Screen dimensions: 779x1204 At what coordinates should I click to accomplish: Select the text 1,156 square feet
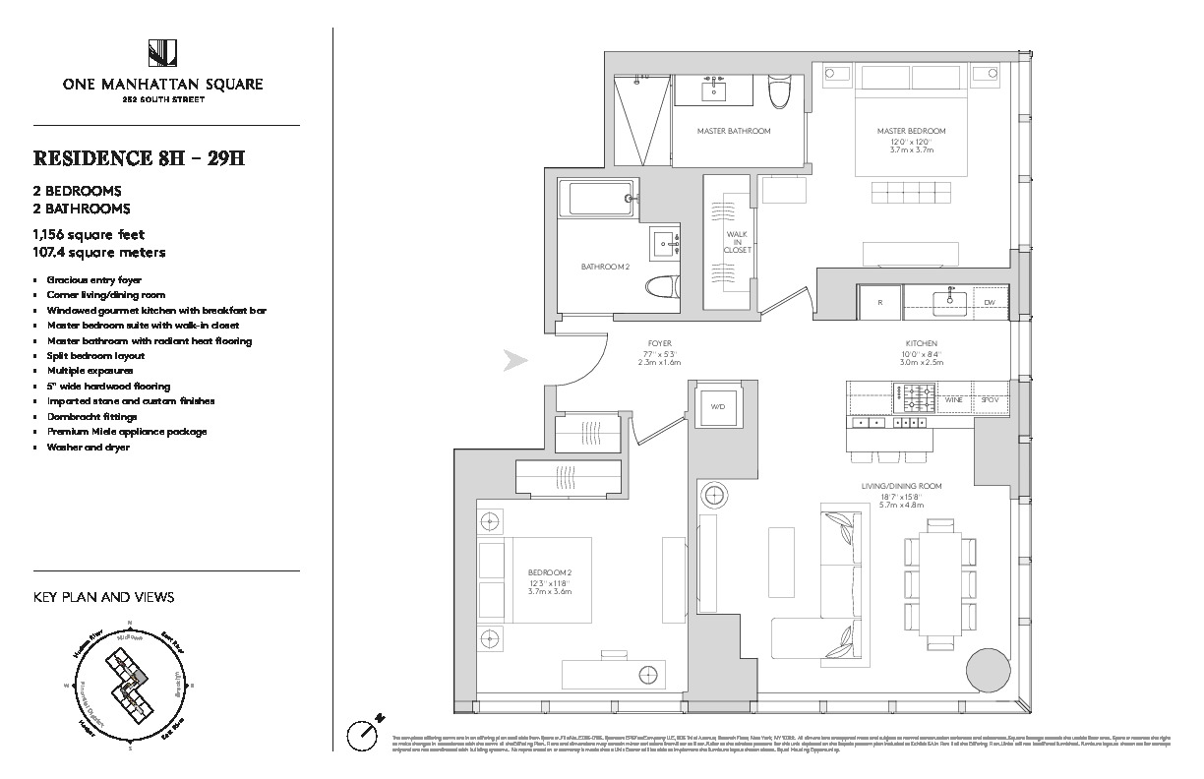pos(89,235)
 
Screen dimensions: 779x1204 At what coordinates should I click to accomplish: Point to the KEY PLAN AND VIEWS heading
pos(103,597)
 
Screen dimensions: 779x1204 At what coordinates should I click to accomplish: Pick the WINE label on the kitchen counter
pos(951,400)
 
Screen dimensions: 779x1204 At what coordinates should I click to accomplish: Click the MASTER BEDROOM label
pos(912,131)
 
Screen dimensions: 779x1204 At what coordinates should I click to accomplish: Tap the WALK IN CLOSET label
pos(738,242)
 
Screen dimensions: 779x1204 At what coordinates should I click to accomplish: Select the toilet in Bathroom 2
pos(659,286)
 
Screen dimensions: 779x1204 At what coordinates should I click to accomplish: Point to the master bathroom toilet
pos(780,94)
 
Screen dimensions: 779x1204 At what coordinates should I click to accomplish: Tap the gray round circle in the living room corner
pos(988,670)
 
